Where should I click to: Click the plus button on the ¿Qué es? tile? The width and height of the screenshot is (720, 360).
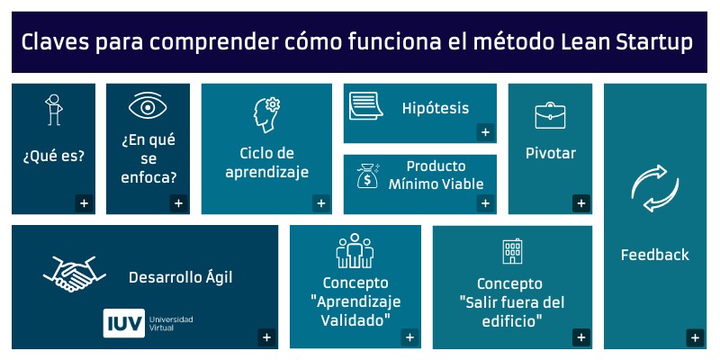click(84, 203)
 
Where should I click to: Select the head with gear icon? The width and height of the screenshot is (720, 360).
click(266, 115)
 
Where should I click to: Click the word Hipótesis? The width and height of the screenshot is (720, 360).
click(436, 108)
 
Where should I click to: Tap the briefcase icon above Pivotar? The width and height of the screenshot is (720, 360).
click(550, 115)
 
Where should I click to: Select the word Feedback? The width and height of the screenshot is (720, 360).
click(654, 255)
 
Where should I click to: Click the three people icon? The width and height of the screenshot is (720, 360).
click(355, 251)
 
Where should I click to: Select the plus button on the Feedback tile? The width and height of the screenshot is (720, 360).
click(695, 338)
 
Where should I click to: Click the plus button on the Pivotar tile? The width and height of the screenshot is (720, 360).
click(581, 203)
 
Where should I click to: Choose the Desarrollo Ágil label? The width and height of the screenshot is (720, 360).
click(180, 277)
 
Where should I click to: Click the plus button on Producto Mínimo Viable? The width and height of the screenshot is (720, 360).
click(485, 203)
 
